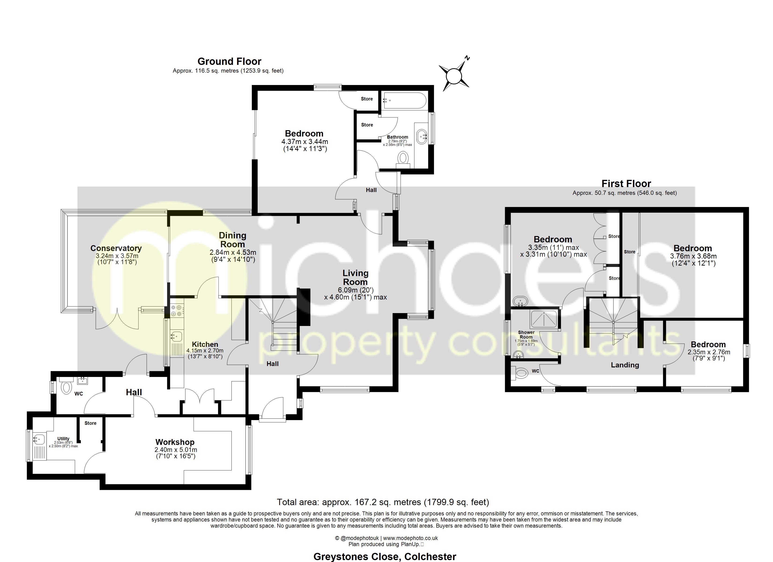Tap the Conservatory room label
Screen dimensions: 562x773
tap(116, 248)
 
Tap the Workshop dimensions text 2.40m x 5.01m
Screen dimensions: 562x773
tap(175, 450)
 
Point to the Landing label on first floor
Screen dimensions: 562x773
tap(625, 365)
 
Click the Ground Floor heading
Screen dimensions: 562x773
tap(229, 61)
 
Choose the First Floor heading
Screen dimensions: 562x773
tap(626, 184)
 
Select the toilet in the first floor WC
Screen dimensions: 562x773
tap(520, 373)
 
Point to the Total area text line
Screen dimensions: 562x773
tap(383, 502)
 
